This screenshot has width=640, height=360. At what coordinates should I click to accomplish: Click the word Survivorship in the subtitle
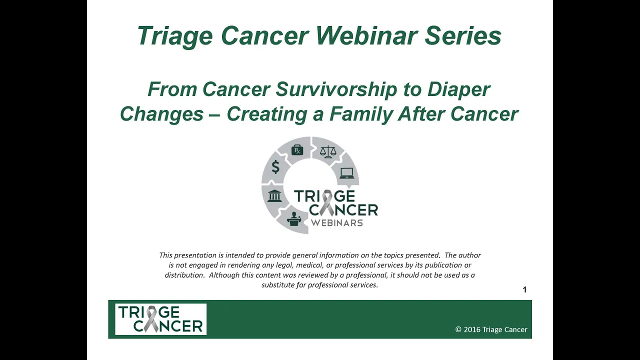click(x=336, y=89)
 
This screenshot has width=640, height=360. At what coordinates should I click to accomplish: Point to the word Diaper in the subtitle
click(x=459, y=89)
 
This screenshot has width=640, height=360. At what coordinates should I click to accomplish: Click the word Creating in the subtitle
click(x=267, y=114)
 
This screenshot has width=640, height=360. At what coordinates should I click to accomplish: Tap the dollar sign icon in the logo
click(x=275, y=167)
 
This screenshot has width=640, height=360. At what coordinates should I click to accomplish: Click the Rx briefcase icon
click(x=297, y=150)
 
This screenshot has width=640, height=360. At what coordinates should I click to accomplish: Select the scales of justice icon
click(x=328, y=152)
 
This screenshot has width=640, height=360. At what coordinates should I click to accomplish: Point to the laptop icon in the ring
click(x=347, y=173)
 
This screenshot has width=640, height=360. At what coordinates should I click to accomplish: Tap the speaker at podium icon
click(x=294, y=219)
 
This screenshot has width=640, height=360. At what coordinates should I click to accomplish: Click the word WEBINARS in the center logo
click(x=337, y=223)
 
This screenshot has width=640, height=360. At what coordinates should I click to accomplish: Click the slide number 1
click(x=524, y=289)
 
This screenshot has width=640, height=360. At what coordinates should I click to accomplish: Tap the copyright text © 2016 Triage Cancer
click(x=491, y=329)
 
